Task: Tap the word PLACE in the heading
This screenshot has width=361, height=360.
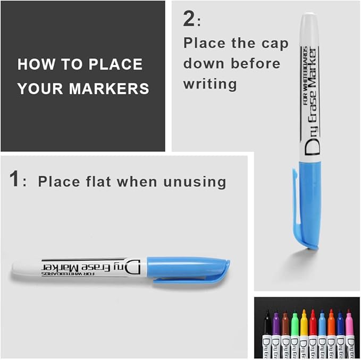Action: click(x=116, y=65)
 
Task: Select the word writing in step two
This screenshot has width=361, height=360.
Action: click(x=211, y=84)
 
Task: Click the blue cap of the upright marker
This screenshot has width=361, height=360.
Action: click(x=309, y=202)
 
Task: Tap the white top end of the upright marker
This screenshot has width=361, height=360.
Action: click(x=309, y=24)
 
